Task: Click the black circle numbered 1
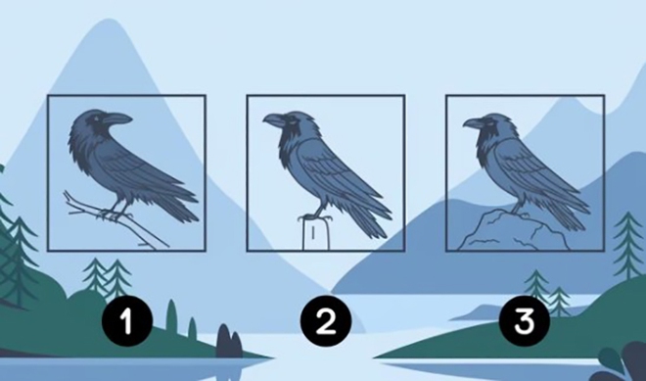click(127, 321)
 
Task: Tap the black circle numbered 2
click(326, 321)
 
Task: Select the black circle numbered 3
click(525, 321)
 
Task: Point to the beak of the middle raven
click(273, 120)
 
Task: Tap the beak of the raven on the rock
click(473, 122)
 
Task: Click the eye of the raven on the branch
click(97, 119)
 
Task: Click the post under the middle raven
click(316, 235)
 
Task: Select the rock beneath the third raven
click(513, 231)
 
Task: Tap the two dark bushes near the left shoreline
click(229, 341)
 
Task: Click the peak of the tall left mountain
click(110, 21)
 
